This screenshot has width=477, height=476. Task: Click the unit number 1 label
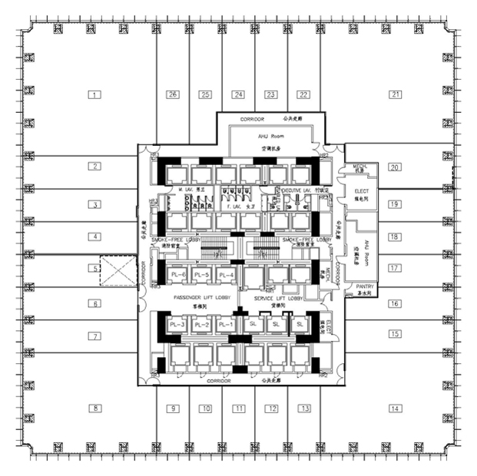click(x=95, y=95)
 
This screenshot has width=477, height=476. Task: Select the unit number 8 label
click(x=95, y=408)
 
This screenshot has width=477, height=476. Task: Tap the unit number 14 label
click(x=395, y=408)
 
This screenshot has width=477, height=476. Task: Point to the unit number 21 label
click(x=396, y=95)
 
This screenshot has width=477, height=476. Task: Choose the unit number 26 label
click(x=173, y=95)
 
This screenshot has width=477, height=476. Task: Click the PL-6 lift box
click(x=179, y=275)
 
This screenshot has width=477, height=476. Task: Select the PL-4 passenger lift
click(x=225, y=275)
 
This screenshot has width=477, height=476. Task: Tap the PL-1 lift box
click(x=225, y=326)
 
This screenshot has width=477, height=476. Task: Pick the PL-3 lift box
click(x=179, y=326)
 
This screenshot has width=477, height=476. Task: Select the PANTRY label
click(x=363, y=287)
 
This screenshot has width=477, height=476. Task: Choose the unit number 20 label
click(x=395, y=167)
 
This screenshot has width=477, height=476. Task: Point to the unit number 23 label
click(x=270, y=95)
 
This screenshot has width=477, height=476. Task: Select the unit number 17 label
click(x=395, y=269)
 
